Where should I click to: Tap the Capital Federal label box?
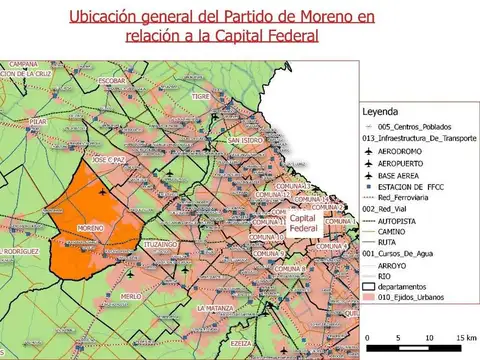point(303,224)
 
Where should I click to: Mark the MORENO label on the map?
point(90,228)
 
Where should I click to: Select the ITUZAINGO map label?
point(160,244)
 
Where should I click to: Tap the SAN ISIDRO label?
point(244,141)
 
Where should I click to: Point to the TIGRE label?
point(201,97)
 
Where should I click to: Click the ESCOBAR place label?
point(112,80)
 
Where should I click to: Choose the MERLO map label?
point(130,296)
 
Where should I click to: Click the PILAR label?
point(39,122)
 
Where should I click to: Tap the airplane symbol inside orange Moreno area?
point(103,191)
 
